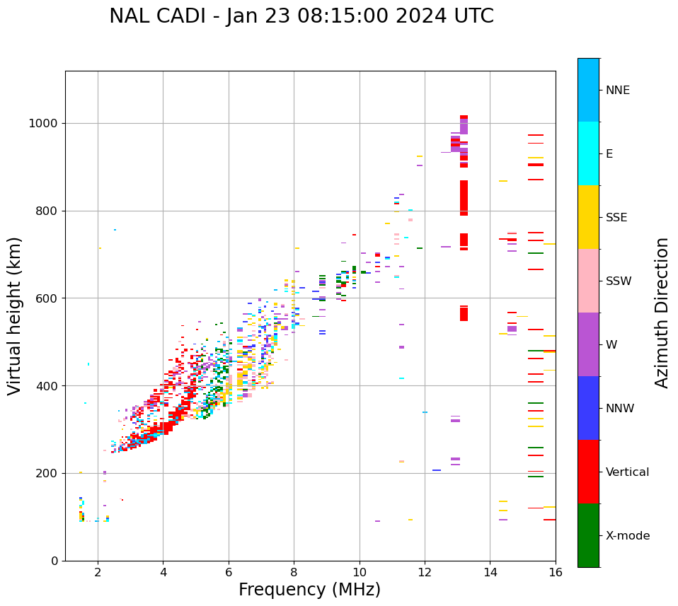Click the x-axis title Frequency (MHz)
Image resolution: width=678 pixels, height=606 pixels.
(x=309, y=590)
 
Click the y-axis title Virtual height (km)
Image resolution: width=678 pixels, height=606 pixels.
(x=15, y=315)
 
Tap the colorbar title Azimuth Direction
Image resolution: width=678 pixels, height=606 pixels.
(x=662, y=313)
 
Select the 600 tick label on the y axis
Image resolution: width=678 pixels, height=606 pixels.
(x=47, y=298)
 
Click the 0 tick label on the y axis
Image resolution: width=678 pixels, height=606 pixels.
(x=54, y=561)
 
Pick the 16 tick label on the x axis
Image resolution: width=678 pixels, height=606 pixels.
(x=556, y=572)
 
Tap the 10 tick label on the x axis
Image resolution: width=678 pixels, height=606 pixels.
(x=360, y=572)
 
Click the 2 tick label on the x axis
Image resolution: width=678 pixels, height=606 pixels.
(x=98, y=572)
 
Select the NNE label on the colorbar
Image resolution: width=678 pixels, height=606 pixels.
(x=617, y=91)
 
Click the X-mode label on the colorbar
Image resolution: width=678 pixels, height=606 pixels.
(x=627, y=536)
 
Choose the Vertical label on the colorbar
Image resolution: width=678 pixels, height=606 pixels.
(x=627, y=472)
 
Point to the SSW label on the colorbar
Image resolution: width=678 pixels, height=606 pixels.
(x=619, y=281)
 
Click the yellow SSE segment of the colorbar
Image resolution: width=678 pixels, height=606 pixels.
(x=588, y=217)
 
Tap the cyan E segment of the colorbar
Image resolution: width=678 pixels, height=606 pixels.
(x=588, y=153)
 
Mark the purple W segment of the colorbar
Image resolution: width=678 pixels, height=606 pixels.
(x=588, y=344)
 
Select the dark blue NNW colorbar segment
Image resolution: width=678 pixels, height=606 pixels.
(x=588, y=408)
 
